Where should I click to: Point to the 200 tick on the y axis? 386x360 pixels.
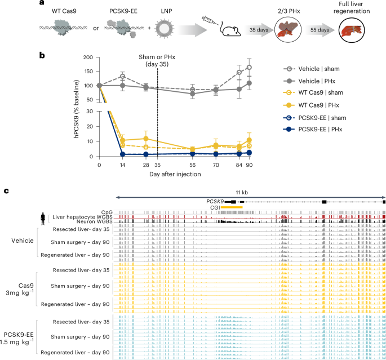point(87,57)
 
